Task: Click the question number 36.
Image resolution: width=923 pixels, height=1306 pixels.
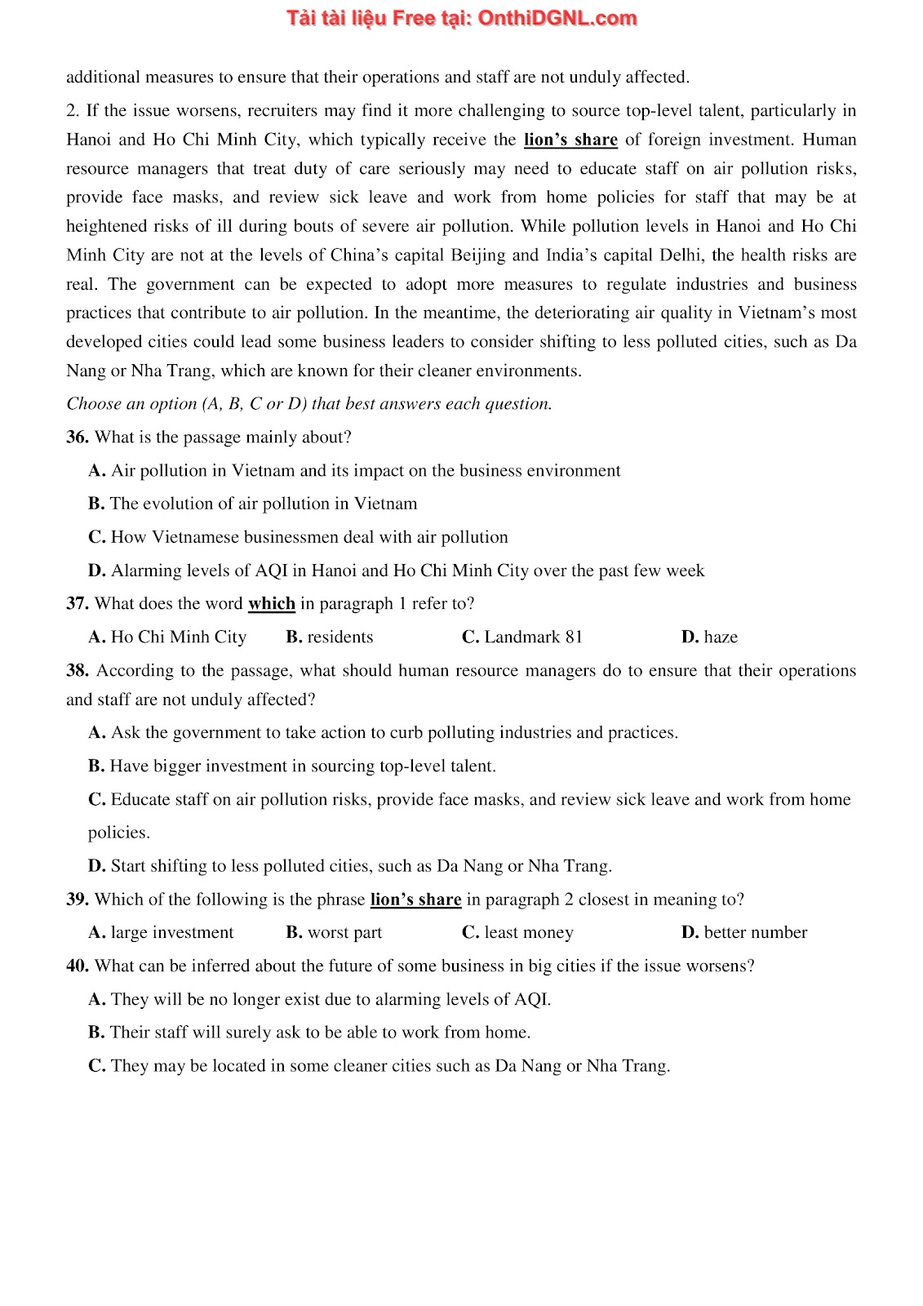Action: [77, 438]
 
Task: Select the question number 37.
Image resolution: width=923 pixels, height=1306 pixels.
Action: [77, 604]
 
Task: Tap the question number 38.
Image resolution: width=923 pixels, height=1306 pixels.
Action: [78, 671]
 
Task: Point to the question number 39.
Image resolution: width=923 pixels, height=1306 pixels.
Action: [77, 900]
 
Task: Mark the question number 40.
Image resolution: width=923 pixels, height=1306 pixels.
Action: [77, 966]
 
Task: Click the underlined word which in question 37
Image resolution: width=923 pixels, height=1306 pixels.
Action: [272, 604]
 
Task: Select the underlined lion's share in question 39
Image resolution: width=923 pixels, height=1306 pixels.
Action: [415, 900]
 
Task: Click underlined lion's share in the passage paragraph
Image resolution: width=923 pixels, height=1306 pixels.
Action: [570, 140]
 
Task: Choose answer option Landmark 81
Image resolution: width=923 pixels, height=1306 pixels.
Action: [534, 637]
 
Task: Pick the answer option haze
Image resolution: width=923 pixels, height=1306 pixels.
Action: [721, 637]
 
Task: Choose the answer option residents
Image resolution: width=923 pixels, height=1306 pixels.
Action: [340, 637]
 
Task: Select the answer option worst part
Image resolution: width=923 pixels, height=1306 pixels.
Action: [344, 933]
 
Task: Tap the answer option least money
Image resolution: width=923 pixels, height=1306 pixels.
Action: [529, 933]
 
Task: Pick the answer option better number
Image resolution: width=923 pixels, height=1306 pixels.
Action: [756, 933]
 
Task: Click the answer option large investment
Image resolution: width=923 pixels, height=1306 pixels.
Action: [172, 933]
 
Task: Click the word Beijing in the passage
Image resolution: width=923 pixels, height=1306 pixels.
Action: [479, 255]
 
